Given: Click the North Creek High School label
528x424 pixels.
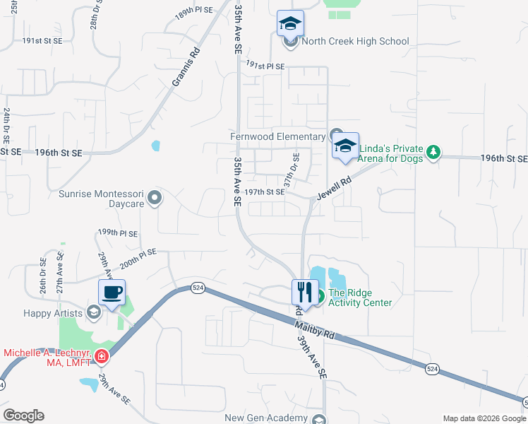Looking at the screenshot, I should pos(355,41).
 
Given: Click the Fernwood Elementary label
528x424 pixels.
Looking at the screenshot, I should pos(278,136).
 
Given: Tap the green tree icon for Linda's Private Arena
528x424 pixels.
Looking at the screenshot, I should pos(433,151).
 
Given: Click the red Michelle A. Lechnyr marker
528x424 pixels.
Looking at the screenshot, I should pos(102,356).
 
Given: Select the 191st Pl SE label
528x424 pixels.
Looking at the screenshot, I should pos(265,66).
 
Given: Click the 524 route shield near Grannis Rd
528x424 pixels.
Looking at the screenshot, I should pos(198,288).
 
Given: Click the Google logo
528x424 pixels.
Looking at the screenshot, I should pos(23,416).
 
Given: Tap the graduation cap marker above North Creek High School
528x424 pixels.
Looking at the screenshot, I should pos(290,24).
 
